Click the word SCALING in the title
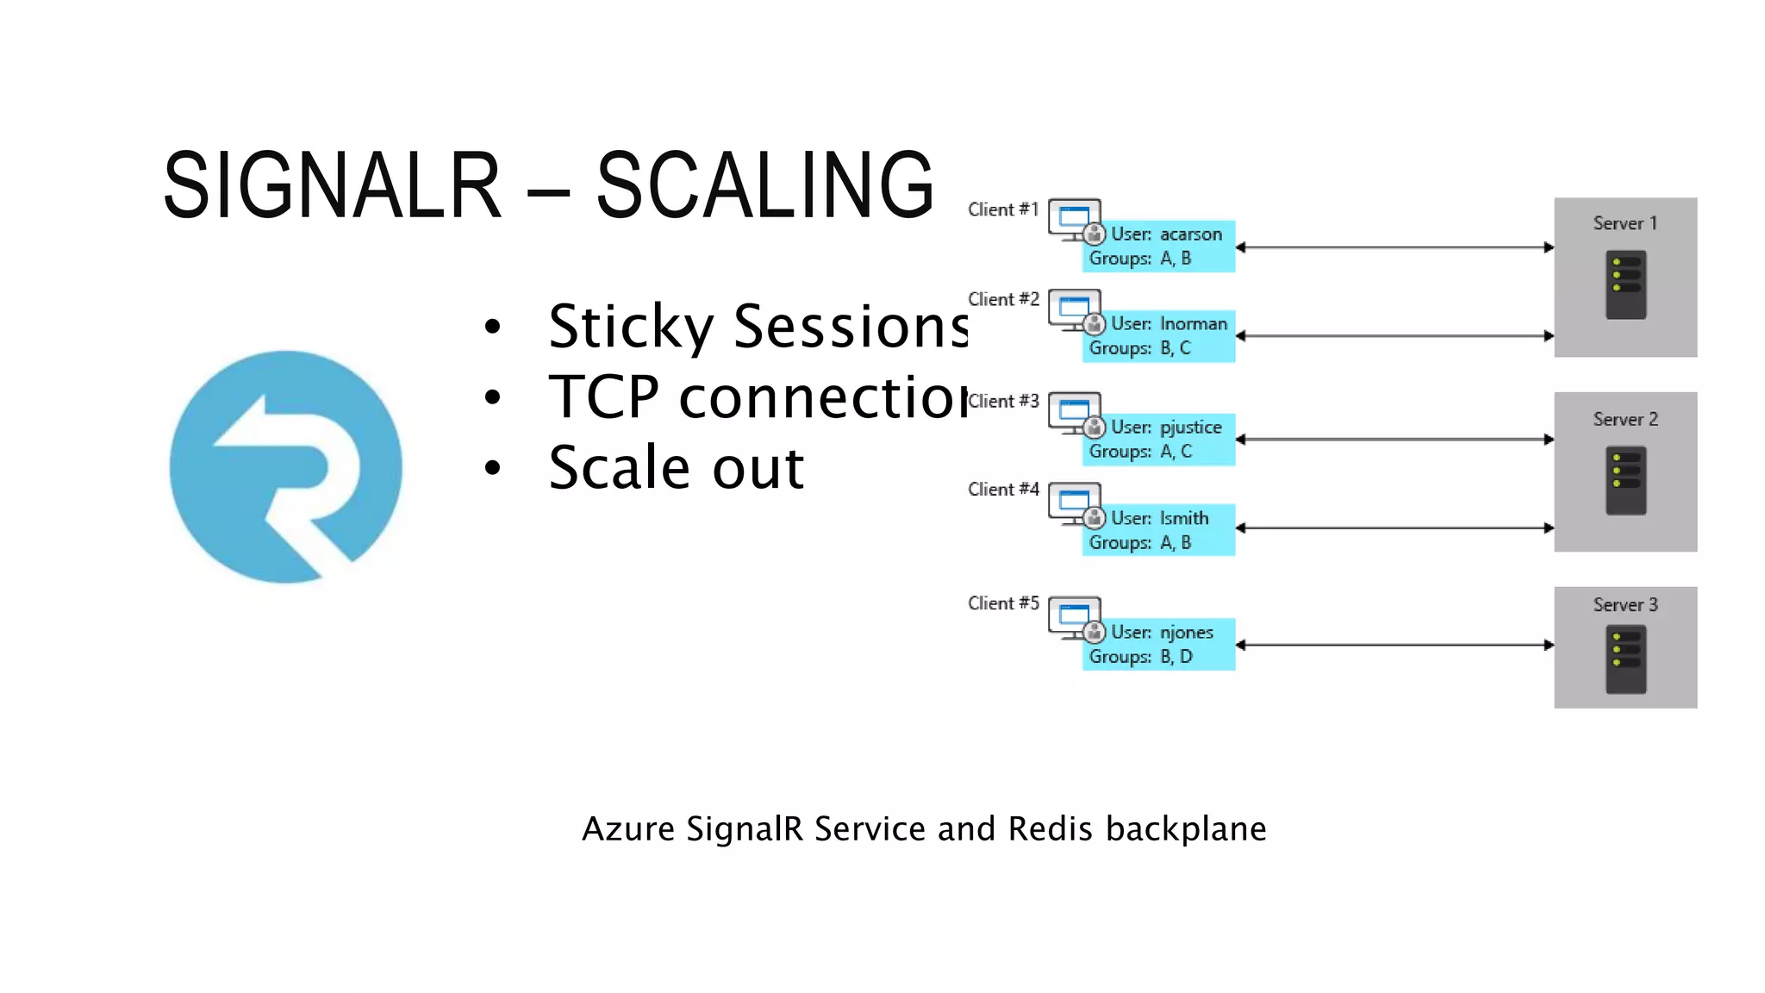click(764, 184)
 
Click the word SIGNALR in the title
click(332, 184)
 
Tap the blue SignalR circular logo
click(286, 466)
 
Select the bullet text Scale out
click(677, 468)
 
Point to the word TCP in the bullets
click(603, 397)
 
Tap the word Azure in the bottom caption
click(628, 828)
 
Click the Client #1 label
click(1003, 209)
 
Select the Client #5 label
click(1003, 603)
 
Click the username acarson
click(1190, 234)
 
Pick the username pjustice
click(1190, 428)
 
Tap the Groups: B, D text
click(1140, 657)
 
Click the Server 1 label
click(1625, 223)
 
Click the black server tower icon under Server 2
click(1625, 480)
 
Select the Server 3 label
click(1625, 605)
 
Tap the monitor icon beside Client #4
click(1073, 503)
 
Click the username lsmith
click(1183, 518)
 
